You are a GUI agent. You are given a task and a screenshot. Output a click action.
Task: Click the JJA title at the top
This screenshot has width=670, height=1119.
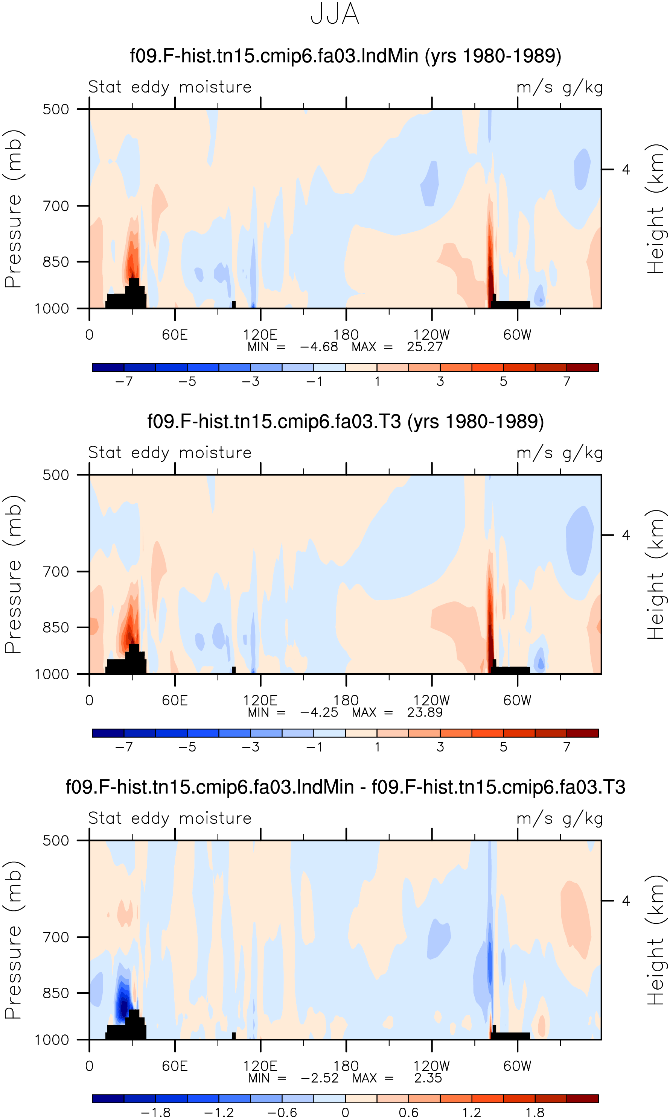(335, 14)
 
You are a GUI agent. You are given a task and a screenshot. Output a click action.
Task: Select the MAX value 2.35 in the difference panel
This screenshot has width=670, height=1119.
(428, 1078)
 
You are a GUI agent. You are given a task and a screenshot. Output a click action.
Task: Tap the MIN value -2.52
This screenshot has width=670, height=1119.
(320, 1078)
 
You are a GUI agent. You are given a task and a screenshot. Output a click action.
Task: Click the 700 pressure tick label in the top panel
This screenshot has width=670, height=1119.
(56, 206)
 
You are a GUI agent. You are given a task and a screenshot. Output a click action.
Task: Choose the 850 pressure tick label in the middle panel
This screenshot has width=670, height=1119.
(56, 627)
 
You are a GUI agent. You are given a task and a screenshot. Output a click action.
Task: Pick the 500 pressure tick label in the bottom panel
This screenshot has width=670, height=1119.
(56, 840)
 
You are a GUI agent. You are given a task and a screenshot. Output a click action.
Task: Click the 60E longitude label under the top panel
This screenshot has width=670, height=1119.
(175, 335)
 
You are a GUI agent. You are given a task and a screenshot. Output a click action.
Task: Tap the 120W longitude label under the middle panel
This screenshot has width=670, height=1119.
(432, 700)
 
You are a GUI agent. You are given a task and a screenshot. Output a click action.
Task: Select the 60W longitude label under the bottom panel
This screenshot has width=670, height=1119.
(518, 1066)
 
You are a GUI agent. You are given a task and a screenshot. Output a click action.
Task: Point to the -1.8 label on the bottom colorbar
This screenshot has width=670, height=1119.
(156, 1113)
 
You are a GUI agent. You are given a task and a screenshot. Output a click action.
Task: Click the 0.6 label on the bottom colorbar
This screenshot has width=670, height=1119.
(409, 1113)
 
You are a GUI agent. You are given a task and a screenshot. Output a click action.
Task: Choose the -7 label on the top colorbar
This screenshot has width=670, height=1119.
(124, 381)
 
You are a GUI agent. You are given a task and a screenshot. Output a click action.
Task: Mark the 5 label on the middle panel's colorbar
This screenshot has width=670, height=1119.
(503, 747)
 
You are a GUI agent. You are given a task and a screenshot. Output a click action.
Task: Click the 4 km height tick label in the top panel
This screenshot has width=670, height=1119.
(626, 170)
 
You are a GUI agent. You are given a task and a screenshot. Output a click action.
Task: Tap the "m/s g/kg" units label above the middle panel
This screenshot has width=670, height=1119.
(560, 453)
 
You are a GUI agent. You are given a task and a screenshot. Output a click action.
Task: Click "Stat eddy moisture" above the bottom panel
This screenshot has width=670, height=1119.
(170, 818)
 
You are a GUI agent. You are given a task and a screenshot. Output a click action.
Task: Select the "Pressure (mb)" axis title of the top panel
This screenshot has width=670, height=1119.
(13, 209)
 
